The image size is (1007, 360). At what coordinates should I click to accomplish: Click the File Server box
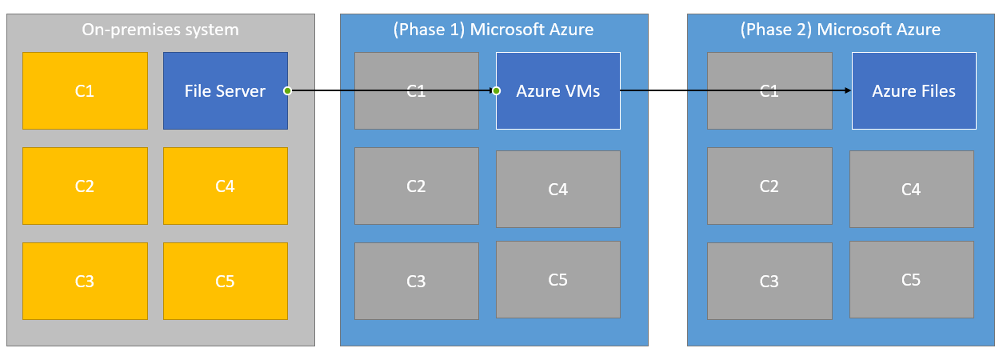click(225, 91)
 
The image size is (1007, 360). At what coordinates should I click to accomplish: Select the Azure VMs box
click(557, 91)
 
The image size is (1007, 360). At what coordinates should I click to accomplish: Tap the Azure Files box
click(913, 91)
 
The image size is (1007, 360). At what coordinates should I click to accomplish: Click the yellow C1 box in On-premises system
click(85, 91)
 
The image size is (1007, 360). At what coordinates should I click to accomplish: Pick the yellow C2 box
click(85, 186)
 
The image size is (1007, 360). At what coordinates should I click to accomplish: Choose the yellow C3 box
click(85, 282)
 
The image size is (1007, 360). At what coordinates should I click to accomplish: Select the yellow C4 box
click(225, 186)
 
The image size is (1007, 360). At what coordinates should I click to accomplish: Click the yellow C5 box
click(225, 282)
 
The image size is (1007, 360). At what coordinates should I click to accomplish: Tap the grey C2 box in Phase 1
click(416, 186)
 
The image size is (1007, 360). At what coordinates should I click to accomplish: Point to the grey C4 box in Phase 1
click(557, 190)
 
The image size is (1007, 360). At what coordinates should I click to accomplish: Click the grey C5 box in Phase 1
click(557, 280)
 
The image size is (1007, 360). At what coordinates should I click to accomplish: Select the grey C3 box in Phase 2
click(769, 282)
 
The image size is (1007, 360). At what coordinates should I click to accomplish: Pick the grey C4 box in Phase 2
click(911, 190)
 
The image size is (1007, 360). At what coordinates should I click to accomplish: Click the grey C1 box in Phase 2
click(769, 91)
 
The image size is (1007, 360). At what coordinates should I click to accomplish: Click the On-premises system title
click(160, 30)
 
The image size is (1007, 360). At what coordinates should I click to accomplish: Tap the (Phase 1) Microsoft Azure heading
click(494, 30)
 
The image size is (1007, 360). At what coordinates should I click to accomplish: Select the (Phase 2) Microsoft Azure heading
click(841, 30)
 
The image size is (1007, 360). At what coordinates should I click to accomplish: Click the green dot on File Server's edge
click(287, 91)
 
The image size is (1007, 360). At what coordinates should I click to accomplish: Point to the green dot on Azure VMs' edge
click(496, 91)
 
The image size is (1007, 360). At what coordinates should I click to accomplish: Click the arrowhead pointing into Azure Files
click(847, 91)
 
